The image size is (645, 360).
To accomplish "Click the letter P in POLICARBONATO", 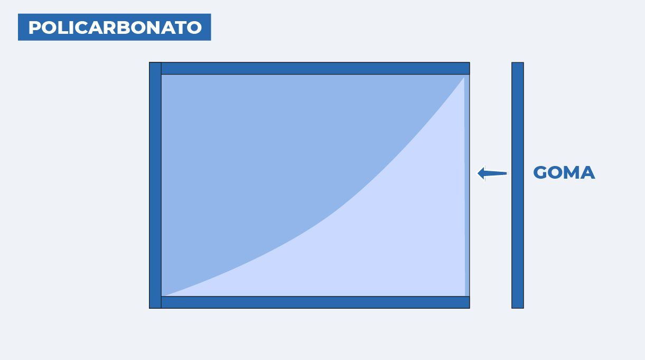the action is [x=35, y=27].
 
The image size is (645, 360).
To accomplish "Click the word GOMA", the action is [x=564, y=173].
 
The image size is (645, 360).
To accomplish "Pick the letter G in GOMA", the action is [x=540, y=173].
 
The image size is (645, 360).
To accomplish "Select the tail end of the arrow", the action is [x=507, y=173].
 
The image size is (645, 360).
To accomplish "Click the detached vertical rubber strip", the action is [x=518, y=186].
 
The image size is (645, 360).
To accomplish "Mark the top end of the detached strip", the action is [x=518, y=63].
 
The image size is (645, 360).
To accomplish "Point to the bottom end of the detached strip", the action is [x=518, y=308].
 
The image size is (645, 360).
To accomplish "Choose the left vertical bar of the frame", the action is [x=155, y=186].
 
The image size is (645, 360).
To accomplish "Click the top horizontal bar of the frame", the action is [x=315, y=68].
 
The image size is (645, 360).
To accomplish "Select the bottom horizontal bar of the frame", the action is [x=315, y=302].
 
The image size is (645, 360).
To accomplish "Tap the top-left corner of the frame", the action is [x=149, y=62].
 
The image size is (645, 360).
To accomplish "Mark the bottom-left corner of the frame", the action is [x=149, y=308].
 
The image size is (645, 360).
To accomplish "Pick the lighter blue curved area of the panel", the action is [x=389, y=245].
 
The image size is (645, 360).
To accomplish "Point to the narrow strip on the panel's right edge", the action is [x=467, y=186].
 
